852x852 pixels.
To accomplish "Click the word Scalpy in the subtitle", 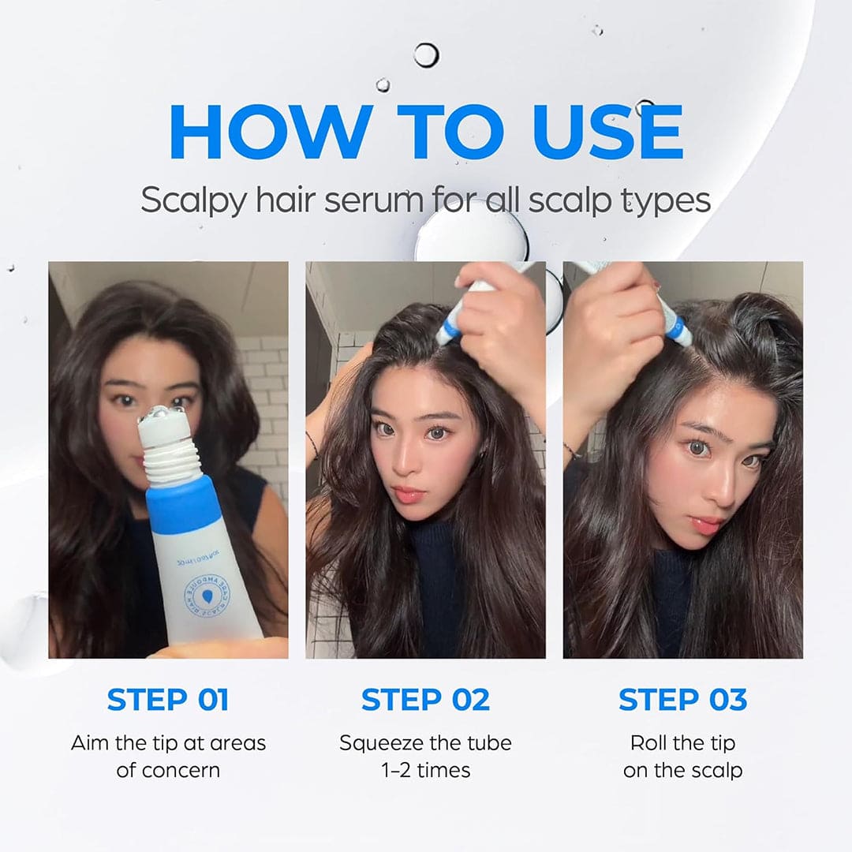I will point(189,200).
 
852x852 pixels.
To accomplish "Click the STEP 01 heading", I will point(168,699).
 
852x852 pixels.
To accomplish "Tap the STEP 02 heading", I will point(425,699).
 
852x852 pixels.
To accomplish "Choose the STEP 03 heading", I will point(682,699).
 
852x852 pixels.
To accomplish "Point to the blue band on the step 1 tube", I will point(183,504).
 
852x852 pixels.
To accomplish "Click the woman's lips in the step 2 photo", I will point(411,495).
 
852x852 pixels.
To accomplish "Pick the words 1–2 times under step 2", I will point(425,770).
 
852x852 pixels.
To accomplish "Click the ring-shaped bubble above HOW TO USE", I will point(426,54).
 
